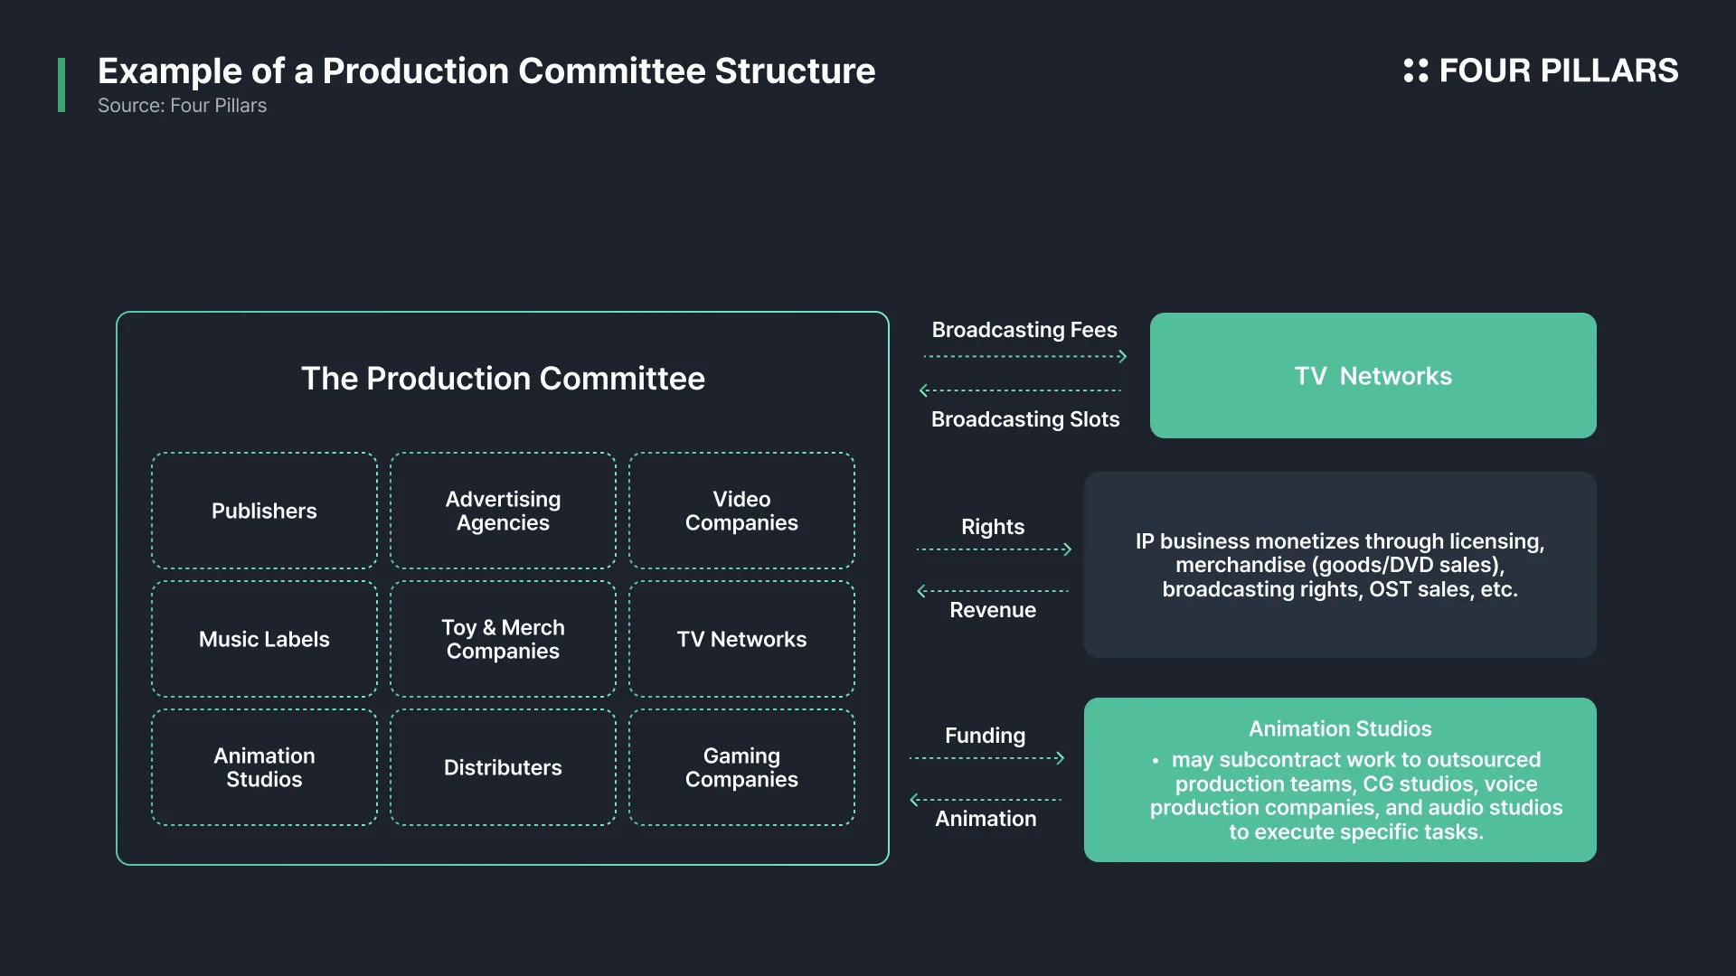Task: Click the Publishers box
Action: (264, 511)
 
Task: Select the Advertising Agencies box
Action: (503, 511)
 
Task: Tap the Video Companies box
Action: (741, 511)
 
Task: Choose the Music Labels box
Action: (264, 639)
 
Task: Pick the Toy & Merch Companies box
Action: (503, 639)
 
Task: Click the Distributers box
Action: (503, 767)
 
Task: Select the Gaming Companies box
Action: (741, 767)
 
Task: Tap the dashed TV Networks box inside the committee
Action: (741, 639)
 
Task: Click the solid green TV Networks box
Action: (1373, 375)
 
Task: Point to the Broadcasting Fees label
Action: (1024, 330)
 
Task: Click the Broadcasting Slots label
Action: (1025, 419)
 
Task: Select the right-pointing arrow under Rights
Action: (995, 549)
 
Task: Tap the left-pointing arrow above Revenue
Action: (993, 591)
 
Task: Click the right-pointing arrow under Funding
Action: (987, 757)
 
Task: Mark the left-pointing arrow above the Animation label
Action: (986, 800)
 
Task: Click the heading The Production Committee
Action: (503, 378)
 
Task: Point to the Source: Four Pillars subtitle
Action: (182, 106)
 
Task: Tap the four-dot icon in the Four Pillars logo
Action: (1415, 70)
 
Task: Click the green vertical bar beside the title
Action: (61, 85)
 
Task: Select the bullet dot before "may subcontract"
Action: (1156, 761)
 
